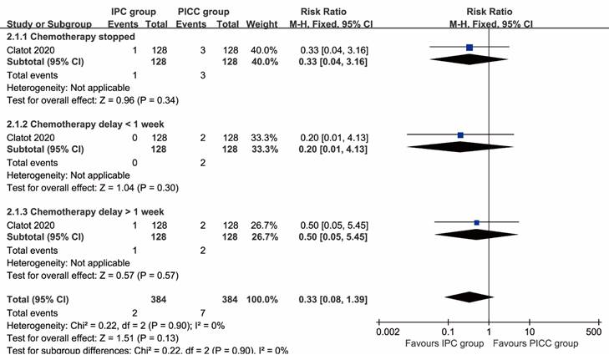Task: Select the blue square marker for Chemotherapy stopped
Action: click(x=469, y=48)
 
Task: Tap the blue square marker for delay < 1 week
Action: click(x=460, y=134)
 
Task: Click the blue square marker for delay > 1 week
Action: click(x=476, y=222)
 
